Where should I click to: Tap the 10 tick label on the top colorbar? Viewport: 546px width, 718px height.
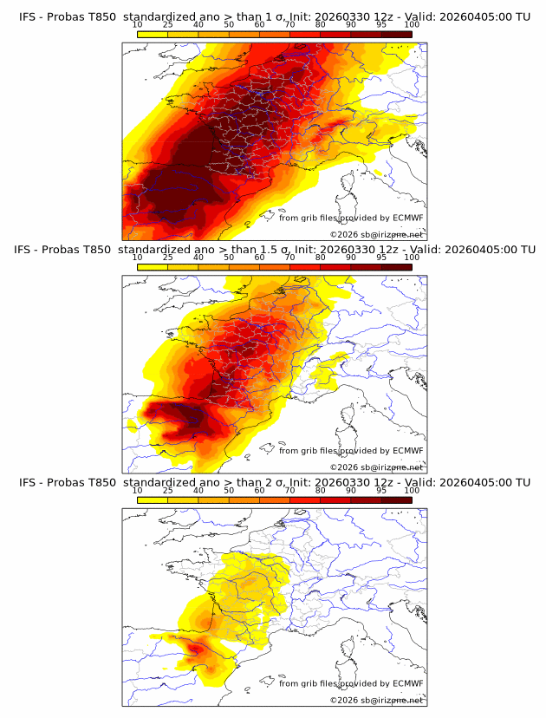(138, 25)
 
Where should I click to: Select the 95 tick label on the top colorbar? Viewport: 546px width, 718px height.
(381, 25)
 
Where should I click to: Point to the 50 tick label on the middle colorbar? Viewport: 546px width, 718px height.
(229, 258)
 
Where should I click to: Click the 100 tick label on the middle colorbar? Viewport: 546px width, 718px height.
(412, 258)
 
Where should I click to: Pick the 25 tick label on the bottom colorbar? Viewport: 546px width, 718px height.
(168, 490)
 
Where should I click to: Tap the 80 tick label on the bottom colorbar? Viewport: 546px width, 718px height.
(321, 490)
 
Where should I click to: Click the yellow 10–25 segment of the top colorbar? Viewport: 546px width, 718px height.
(153, 35)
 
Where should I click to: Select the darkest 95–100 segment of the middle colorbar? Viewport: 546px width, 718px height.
(397, 267)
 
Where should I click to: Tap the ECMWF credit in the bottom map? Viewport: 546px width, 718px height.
(407, 683)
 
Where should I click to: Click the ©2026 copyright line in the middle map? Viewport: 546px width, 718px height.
(376, 467)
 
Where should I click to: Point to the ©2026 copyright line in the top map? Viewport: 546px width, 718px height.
(376, 234)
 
